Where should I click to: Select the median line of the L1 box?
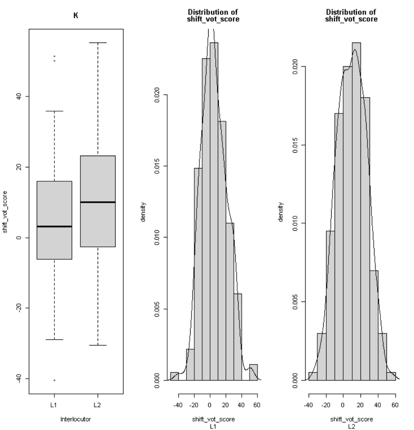tap(54, 227)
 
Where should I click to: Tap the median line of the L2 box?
tap(98, 202)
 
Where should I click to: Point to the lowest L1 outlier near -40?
tap(54, 380)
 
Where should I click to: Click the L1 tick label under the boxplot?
tap(54, 405)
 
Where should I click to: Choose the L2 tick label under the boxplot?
tap(98, 405)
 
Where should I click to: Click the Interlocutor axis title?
tap(76, 419)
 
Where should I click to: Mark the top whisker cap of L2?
tap(98, 43)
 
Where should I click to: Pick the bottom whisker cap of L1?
tap(54, 340)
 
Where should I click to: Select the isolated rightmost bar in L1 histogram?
tap(253, 372)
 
